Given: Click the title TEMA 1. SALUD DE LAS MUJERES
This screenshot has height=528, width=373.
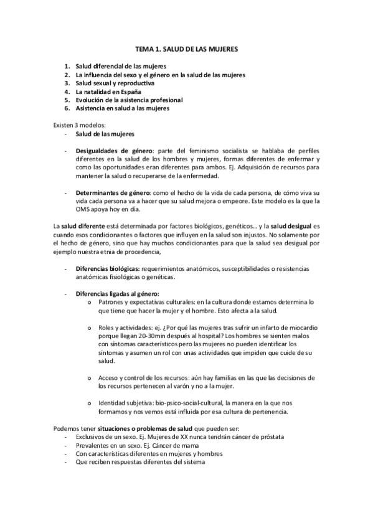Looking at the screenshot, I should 186,47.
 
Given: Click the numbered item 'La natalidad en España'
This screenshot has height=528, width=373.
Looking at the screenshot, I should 104,91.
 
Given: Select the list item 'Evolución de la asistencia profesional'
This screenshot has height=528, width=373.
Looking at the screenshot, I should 129,99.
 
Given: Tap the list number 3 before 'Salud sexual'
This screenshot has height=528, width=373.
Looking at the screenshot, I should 67,83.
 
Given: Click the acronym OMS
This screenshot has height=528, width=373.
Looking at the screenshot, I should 83,210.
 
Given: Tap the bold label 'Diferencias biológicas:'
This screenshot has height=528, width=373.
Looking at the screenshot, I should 108,269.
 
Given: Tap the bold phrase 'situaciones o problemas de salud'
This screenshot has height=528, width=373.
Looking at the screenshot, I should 163,429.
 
